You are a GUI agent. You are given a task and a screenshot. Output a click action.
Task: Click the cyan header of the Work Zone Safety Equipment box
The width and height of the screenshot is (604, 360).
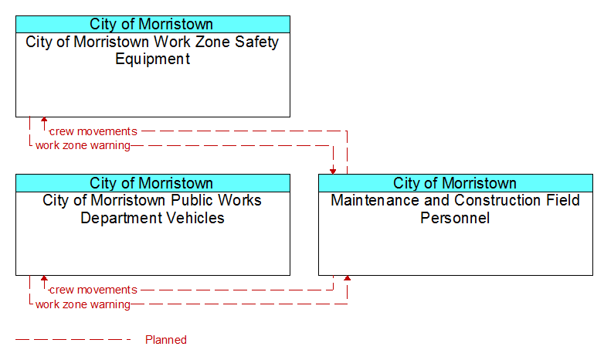[x=153, y=24]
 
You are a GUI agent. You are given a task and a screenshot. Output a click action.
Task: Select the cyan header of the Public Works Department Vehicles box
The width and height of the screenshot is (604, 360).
[x=153, y=183]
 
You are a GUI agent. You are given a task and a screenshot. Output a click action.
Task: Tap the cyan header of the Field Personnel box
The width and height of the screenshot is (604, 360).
[x=456, y=183]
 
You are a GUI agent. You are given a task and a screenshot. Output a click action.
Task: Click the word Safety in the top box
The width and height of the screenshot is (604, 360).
[x=256, y=42]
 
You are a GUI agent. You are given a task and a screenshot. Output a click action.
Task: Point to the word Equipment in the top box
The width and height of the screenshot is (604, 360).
[x=152, y=59]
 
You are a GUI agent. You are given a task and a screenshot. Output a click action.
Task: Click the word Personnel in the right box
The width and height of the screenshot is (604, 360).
[x=455, y=218]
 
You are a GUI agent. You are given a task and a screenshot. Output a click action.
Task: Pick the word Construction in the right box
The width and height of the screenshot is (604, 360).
[x=502, y=200]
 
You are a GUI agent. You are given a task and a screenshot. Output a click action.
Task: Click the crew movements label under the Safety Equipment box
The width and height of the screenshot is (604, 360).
[x=93, y=131]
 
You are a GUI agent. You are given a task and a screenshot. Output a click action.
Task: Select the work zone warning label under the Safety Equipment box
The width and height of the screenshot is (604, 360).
[x=83, y=146]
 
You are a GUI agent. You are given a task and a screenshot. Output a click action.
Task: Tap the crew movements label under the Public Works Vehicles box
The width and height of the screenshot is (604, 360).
[x=93, y=290]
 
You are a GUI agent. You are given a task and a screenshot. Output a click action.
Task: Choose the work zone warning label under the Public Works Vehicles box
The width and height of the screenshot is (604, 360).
[x=83, y=304]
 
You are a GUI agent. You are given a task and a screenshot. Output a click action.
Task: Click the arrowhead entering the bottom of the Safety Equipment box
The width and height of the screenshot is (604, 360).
[x=44, y=120]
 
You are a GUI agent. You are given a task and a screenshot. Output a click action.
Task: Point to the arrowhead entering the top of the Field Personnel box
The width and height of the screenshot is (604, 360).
[x=333, y=172]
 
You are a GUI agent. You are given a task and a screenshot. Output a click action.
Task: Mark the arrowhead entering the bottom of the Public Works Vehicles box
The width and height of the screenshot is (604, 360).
[x=44, y=278]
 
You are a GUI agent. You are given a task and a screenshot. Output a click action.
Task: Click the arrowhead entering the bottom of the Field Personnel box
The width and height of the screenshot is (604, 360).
[x=347, y=278]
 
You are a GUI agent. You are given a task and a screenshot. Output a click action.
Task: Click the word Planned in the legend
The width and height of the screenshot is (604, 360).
[x=166, y=340]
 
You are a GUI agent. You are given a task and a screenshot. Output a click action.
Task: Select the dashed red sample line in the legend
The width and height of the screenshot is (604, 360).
[x=73, y=340]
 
